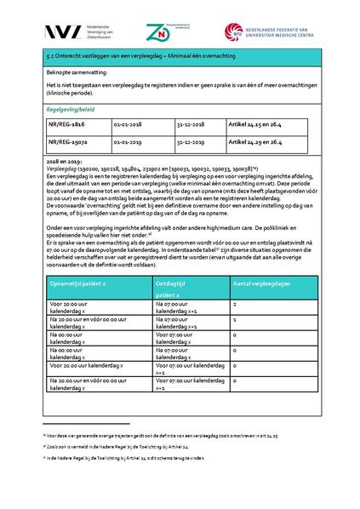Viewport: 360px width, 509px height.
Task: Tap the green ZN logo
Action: (180, 31)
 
